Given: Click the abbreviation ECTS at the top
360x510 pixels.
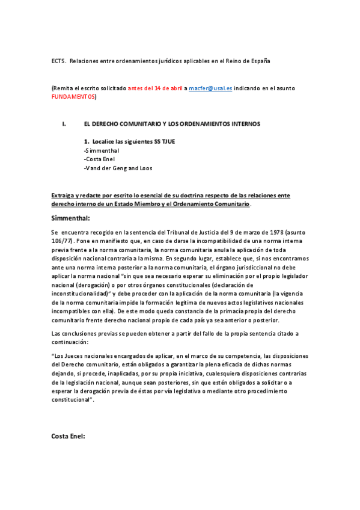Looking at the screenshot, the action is coord(58,61).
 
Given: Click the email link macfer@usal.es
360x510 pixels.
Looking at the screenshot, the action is coord(206,88).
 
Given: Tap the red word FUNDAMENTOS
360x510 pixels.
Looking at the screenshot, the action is coord(73,96).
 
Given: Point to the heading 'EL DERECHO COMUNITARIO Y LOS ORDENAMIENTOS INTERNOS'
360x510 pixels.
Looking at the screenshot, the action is coord(172,124).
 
